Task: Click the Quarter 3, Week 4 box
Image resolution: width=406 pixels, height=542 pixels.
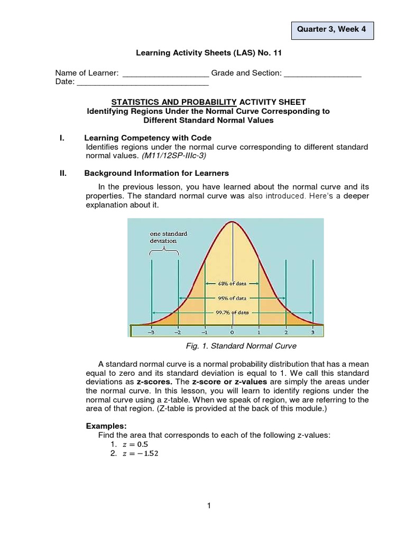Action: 333,29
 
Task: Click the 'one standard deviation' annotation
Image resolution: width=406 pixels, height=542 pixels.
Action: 165,237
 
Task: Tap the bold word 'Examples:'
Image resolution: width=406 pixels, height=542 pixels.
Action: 105,426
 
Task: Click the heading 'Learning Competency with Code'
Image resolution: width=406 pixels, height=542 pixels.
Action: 148,138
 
